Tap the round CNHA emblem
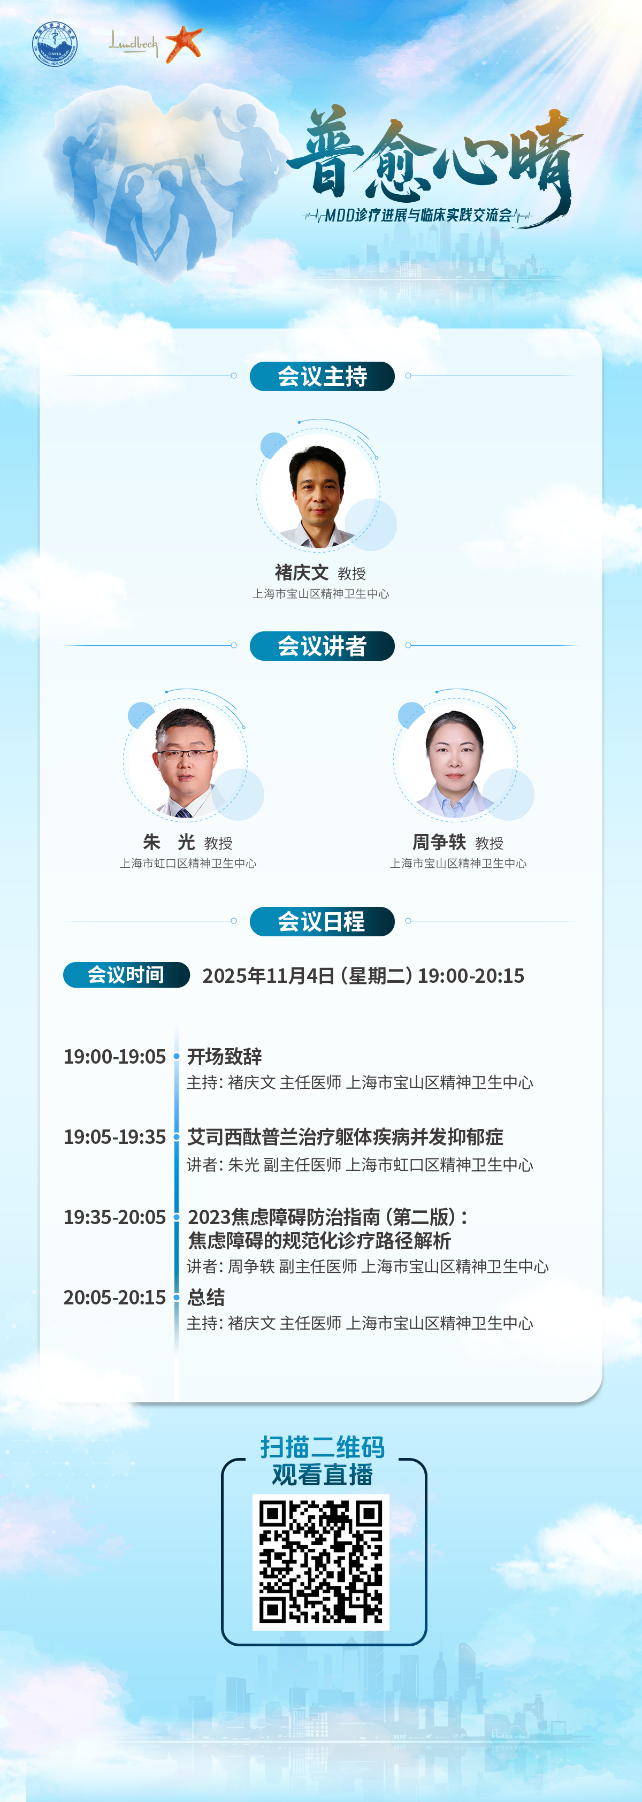(x=55, y=44)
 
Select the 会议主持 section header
(x=322, y=376)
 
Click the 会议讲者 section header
(x=322, y=646)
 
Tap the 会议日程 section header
(x=322, y=921)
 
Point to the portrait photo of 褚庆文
(x=318, y=494)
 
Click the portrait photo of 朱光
(x=185, y=762)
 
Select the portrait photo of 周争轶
(x=455, y=762)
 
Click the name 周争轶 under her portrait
(x=439, y=842)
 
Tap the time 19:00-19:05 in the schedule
(x=114, y=1056)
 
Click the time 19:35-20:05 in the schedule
(x=114, y=1217)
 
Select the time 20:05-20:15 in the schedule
(x=114, y=1297)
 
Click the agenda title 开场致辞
(x=225, y=1056)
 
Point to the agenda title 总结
(x=207, y=1297)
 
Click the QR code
(x=321, y=1562)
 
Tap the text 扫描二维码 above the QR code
(x=323, y=1447)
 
